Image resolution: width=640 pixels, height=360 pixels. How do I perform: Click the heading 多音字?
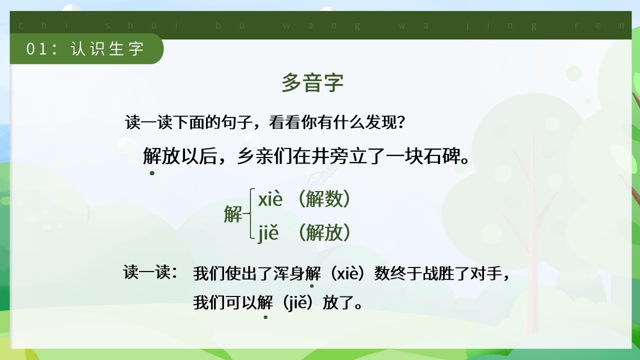coord(312,83)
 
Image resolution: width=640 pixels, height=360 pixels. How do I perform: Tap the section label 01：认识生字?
coord(85,49)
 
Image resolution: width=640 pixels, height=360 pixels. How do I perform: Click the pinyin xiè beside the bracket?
coord(270,199)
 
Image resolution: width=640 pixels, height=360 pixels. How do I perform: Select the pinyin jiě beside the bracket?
coord(268,233)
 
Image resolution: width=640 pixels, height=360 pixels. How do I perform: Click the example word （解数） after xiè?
coord(324,199)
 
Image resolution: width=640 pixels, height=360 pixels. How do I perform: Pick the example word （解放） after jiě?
coord(324,233)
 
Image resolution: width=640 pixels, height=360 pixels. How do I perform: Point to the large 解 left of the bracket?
coord(233,215)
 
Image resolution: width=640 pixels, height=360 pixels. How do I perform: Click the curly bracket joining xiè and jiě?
coord(250,215)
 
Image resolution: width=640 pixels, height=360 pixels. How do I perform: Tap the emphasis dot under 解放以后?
coord(152,173)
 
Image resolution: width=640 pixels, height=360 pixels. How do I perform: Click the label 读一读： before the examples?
coord(150,273)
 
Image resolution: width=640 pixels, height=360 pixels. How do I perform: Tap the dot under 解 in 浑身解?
coord(312,286)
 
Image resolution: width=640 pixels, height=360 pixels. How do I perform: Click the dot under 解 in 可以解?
coord(265,316)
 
